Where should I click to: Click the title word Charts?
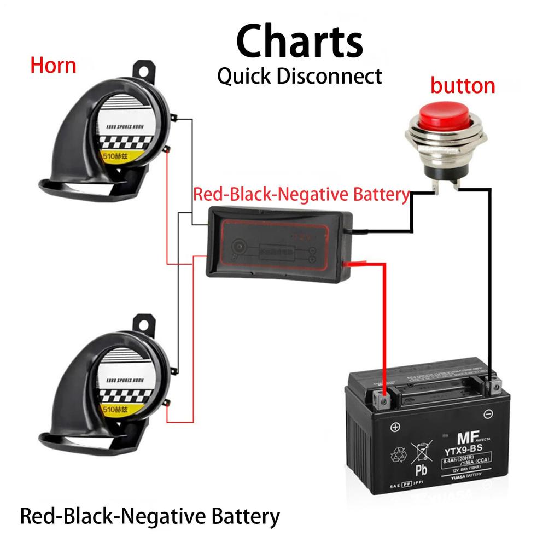300,42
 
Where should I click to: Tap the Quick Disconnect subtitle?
300,76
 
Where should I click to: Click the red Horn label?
53,66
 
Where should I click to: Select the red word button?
462,86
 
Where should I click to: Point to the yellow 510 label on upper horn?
116,155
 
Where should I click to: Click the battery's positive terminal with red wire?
383,401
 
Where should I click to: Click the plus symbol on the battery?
395,427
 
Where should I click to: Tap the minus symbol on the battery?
489,414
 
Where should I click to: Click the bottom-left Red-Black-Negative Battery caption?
149,516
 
